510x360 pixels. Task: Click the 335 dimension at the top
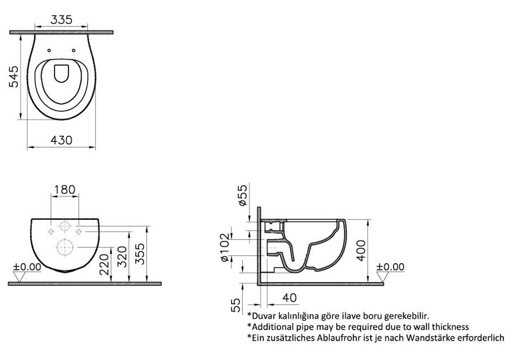click(61, 20)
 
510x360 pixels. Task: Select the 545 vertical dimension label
click(14, 77)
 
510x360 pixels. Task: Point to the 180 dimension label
click(65, 190)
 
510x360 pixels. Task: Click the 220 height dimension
click(104, 264)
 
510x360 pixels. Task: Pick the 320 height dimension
click(122, 257)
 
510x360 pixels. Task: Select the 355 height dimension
click(140, 254)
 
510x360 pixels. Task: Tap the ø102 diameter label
click(225, 247)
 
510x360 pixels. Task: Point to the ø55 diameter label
click(243, 195)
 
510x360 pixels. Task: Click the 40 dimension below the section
click(289, 298)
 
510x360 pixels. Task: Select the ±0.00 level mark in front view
click(27, 267)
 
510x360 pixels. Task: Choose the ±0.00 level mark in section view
click(390, 267)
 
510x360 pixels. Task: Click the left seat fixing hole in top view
click(49, 50)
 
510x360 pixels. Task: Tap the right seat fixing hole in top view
click(74, 50)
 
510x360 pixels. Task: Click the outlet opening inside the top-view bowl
click(61, 74)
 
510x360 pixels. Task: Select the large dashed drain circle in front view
click(65, 247)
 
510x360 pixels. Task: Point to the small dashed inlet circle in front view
click(65, 226)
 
